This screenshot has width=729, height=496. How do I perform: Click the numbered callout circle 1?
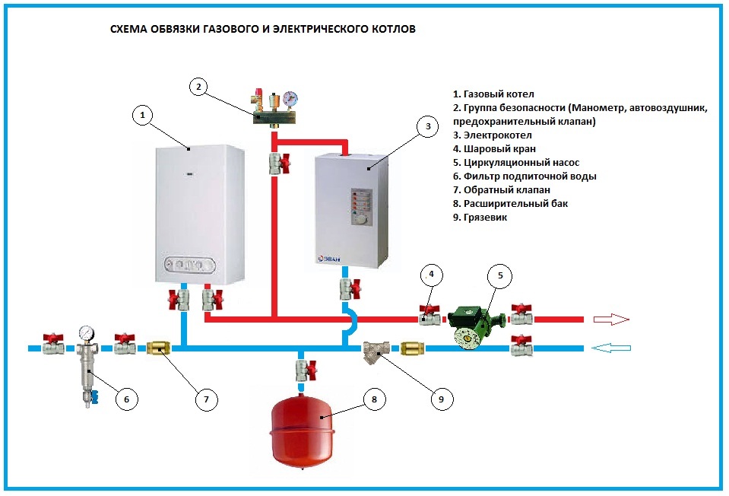[x=142, y=115]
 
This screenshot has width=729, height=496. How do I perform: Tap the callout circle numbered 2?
[x=198, y=87]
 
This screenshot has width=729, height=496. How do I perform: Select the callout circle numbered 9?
[x=440, y=397]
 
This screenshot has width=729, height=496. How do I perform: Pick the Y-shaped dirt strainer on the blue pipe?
[x=376, y=351]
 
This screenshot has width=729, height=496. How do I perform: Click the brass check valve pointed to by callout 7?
[x=158, y=348]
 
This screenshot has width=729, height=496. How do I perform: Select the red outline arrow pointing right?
[x=610, y=320]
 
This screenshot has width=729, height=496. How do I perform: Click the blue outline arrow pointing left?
[x=610, y=348]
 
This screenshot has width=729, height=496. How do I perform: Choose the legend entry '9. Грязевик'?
[x=480, y=217]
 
